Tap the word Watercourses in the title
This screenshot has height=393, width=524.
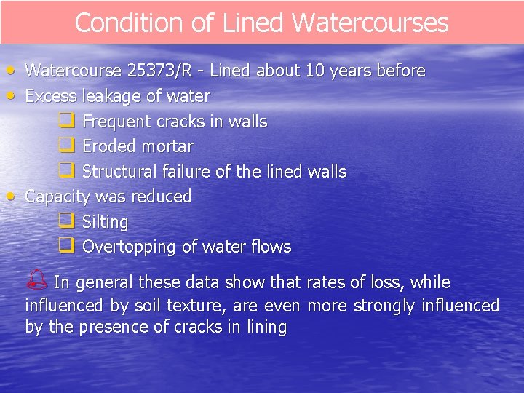[x=370, y=23]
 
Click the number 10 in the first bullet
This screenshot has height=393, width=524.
[x=314, y=71]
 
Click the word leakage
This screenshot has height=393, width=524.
[x=100, y=96]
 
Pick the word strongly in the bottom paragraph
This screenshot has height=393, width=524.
[x=385, y=305]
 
